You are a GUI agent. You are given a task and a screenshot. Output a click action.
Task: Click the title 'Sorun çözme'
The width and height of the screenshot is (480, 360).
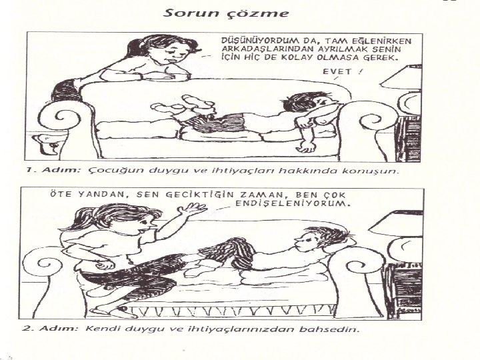tap(225, 14)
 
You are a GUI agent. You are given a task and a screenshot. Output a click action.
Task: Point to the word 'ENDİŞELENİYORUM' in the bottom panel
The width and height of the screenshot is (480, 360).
tap(293, 203)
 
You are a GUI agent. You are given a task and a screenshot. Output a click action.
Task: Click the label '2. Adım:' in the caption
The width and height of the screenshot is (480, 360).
tap(50, 329)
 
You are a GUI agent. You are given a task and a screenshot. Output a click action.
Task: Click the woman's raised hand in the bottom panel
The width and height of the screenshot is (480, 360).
tap(191, 210)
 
